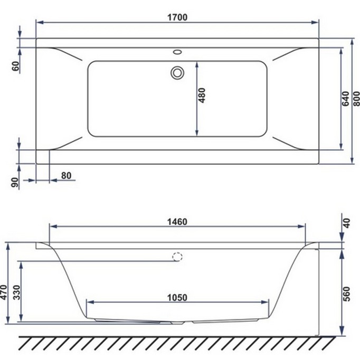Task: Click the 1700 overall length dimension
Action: [x=178, y=16]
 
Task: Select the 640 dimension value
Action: [x=345, y=99]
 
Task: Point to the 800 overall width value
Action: [x=357, y=99]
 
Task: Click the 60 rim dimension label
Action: [x=15, y=66]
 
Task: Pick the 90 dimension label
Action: [x=15, y=183]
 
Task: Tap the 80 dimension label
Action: [x=66, y=175]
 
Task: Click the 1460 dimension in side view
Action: [x=177, y=221]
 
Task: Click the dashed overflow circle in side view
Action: [x=177, y=257]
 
